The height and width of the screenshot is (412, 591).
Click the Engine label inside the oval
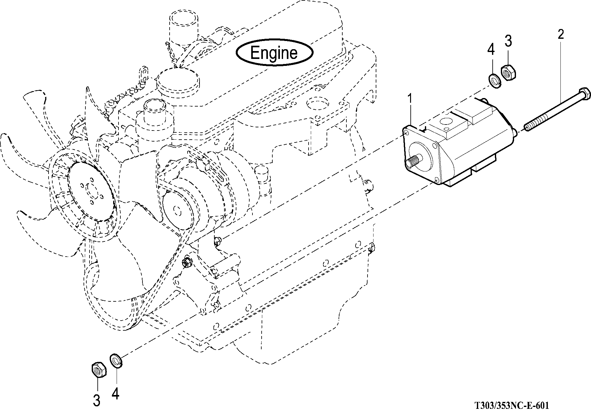(x=274, y=53)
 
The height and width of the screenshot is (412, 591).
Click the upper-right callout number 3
(x=508, y=41)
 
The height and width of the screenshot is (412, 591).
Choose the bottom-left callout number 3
(x=97, y=400)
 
